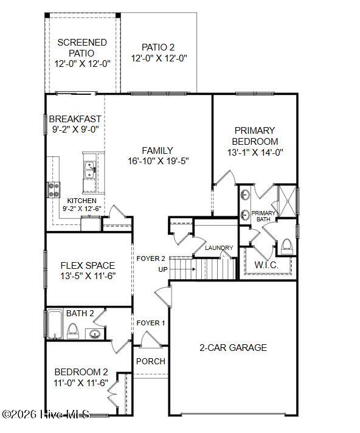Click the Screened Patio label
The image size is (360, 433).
82,48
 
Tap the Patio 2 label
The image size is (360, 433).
159,47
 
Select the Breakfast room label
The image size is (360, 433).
75,119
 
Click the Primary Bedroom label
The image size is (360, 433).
255,136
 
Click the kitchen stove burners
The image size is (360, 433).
54,190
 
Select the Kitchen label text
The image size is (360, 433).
81,201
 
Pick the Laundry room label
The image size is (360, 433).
219,248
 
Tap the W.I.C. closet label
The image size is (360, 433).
266,265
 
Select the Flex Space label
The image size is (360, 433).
88,266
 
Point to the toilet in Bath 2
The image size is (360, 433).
73,331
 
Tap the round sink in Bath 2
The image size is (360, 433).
94,333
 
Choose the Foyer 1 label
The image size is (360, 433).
150,323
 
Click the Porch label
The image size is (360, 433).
150,361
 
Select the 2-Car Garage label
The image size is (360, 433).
233,348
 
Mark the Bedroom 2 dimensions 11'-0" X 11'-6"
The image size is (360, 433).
81,383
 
